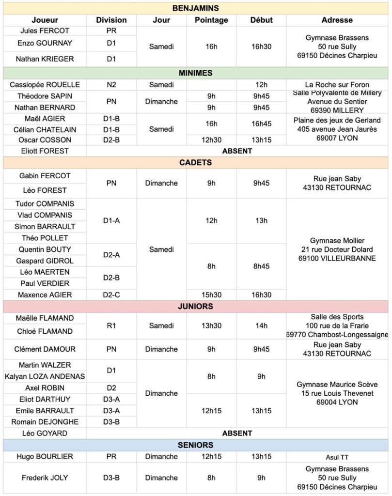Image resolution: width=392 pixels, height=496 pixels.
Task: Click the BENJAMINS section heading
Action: (195, 8)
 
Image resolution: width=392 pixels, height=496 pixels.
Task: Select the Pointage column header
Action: (211, 20)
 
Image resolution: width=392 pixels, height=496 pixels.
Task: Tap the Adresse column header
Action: (337, 20)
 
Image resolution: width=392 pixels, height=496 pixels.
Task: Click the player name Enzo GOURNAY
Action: (45, 43)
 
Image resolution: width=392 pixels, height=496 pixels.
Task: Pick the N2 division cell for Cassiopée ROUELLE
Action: (111, 85)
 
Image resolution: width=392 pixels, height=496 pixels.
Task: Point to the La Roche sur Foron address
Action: (337, 85)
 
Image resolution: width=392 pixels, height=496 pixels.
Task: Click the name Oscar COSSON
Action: (45, 140)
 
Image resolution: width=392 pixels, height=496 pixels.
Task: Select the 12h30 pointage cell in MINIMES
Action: (211, 140)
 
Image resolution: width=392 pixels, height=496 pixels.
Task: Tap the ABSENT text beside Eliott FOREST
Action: (237, 151)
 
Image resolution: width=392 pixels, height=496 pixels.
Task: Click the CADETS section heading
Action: (195, 163)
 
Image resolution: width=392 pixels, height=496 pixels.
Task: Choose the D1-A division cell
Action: (111, 221)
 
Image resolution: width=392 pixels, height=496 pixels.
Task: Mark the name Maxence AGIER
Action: (45, 295)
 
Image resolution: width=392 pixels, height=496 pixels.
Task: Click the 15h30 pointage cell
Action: (211, 295)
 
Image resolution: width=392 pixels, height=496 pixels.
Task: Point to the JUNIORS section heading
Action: (195, 307)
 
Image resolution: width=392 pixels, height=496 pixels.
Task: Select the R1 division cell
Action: (111, 326)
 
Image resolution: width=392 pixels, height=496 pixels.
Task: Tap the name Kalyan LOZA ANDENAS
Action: (45, 376)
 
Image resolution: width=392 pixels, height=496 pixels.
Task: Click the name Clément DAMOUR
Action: (45, 349)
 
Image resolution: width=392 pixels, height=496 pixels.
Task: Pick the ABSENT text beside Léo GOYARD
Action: (237, 434)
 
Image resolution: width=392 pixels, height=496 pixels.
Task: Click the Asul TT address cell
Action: (337, 457)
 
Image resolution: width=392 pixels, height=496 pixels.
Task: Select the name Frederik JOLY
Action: (45, 478)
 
